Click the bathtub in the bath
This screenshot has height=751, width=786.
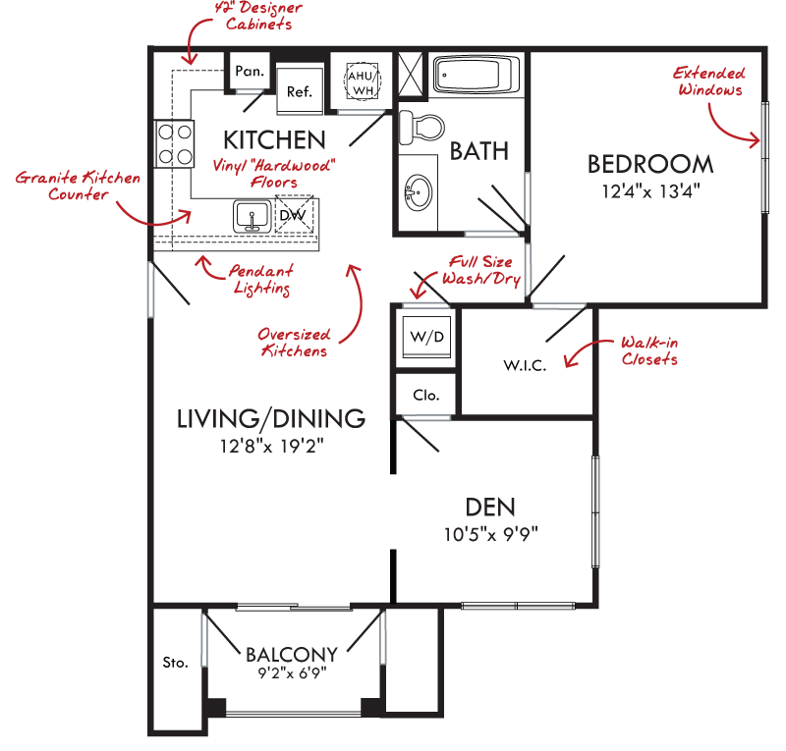coord(477,76)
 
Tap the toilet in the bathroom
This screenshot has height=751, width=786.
coord(421,128)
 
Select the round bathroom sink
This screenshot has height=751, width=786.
coord(419,192)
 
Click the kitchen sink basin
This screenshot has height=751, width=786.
coord(253,216)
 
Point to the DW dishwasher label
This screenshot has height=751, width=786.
coord(293,215)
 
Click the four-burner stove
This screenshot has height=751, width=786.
coord(175,144)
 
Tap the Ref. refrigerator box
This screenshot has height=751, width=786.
coord(300,90)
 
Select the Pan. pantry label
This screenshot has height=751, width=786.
coord(250,71)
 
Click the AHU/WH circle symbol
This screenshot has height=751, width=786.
coord(363,81)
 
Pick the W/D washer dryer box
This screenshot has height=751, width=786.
coord(427,336)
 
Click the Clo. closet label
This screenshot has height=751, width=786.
coord(426,396)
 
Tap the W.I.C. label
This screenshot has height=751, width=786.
coord(525,365)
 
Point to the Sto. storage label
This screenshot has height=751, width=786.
coord(176,663)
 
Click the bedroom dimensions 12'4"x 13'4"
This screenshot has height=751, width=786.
coord(650,190)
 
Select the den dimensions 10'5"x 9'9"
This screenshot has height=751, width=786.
coord(490,534)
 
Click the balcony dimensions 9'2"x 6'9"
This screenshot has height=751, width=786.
coord(292,672)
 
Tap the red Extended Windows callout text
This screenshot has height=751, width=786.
coord(709,81)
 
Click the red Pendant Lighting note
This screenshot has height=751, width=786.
coord(261,279)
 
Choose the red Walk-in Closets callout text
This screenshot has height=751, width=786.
coord(649,350)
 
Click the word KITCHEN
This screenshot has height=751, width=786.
coord(274,140)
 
